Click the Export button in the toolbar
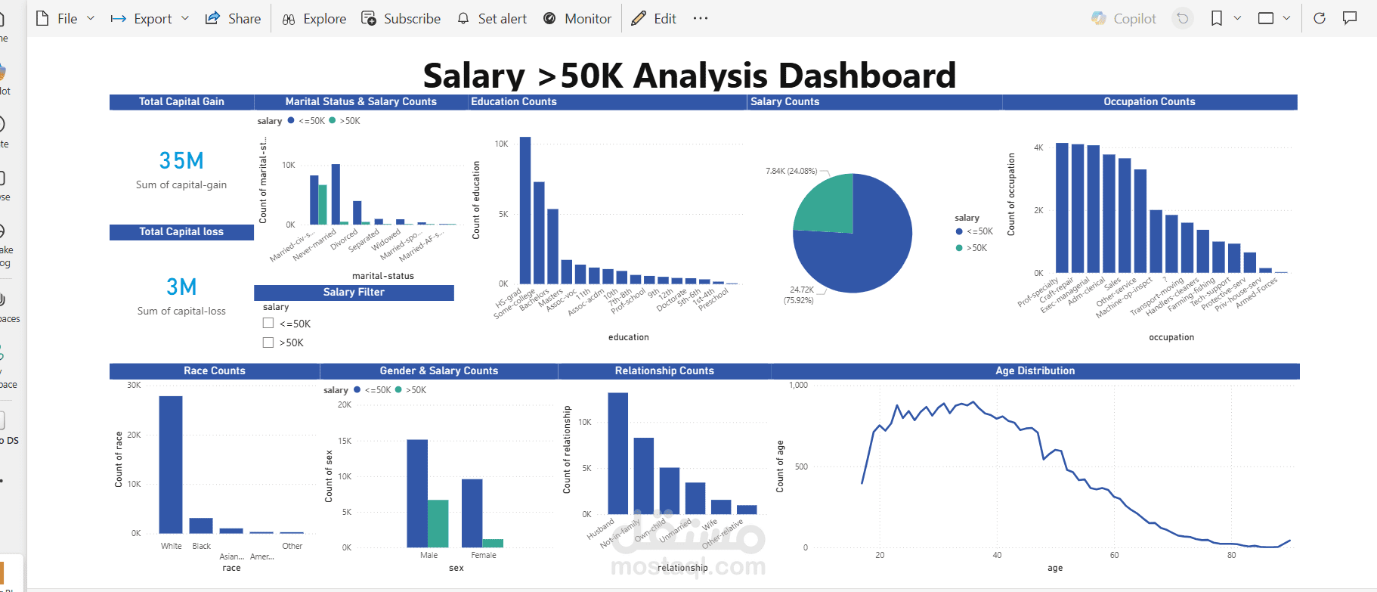click(150, 19)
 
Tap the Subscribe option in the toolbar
click(401, 19)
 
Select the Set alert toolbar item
click(492, 19)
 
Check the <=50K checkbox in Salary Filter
click(268, 324)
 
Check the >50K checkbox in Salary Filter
click(268, 342)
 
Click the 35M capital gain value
click(181, 161)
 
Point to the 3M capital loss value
click(181, 287)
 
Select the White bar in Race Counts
click(171, 464)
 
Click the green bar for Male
click(438, 523)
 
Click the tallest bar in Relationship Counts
click(618, 453)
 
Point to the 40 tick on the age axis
click(997, 555)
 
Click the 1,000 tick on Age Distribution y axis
click(798, 386)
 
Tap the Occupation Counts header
click(1149, 102)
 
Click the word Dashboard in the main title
click(867, 76)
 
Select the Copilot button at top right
click(1124, 19)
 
